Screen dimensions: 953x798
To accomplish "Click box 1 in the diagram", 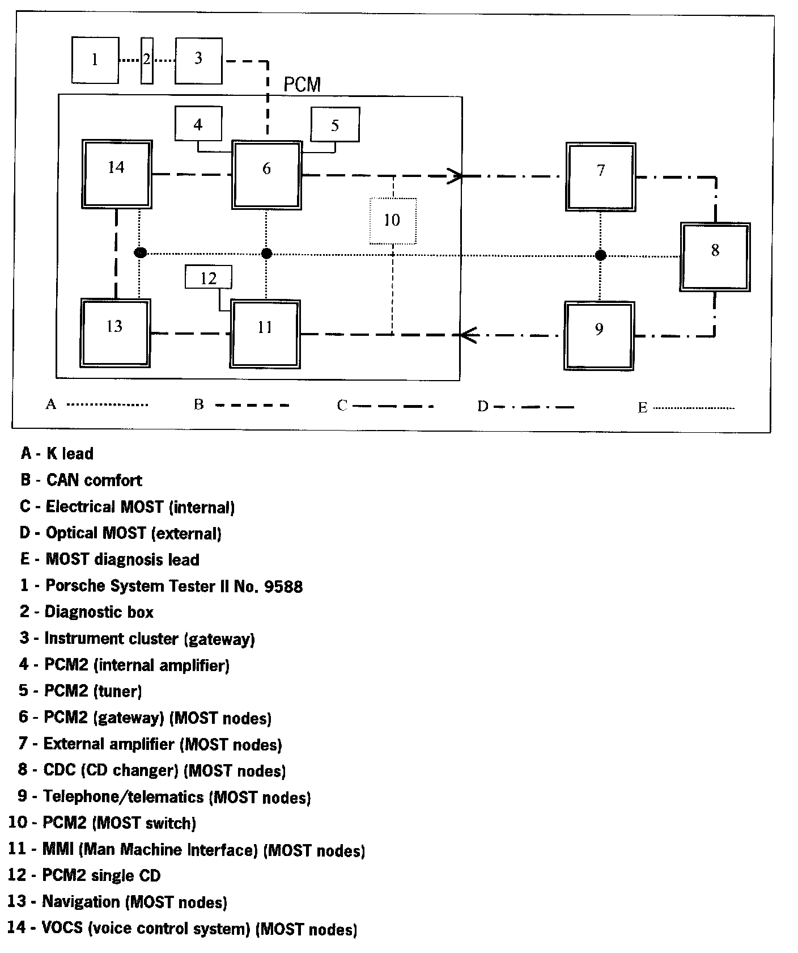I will point(95,60).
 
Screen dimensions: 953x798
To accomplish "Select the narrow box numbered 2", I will point(147,60).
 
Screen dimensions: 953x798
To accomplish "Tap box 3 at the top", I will point(198,60).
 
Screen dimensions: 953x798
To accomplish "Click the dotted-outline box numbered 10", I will point(393,221).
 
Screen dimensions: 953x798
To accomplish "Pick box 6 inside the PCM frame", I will point(266,175).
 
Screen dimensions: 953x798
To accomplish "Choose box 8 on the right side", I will point(715,257).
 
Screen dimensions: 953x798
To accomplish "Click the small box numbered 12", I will point(209,278).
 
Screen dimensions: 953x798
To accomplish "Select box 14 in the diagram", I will point(117,174).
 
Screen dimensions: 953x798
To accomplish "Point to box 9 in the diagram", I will point(599,335).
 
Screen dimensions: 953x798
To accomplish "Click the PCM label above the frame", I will point(302,85).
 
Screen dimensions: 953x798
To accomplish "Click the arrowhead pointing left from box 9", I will point(467,335).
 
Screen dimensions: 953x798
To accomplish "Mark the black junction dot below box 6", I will point(266,253).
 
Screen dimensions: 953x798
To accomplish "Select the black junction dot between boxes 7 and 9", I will point(601,255).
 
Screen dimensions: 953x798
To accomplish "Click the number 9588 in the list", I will point(283,586).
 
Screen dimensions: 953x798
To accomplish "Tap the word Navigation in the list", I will point(81,901).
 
